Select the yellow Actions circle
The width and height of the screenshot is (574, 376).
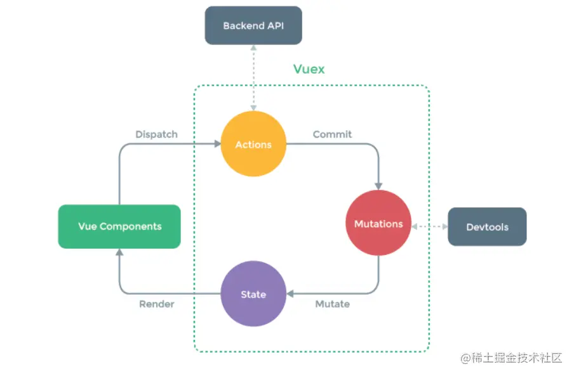coord(253,145)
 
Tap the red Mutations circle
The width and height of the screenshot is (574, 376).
coord(378,224)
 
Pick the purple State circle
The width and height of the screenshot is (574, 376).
coord(253,294)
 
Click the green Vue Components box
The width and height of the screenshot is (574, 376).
coord(119,226)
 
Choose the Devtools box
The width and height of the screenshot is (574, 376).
coord(487,227)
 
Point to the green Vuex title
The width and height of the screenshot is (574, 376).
coord(309,69)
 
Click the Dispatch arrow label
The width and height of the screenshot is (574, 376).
coord(156,134)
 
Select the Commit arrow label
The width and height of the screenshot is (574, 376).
coord(332,134)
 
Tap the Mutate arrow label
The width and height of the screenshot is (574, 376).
coord(332,304)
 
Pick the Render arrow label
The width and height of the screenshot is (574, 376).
coord(156,304)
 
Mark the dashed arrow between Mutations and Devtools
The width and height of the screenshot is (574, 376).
coord(430,226)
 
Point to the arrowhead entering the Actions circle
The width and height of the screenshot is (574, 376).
coord(216,145)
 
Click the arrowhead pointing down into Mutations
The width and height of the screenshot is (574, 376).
coord(379,185)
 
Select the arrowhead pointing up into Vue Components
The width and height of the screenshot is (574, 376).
coord(119,252)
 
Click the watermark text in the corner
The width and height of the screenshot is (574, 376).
coord(512,358)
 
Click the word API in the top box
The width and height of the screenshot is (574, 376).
coord(271,27)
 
